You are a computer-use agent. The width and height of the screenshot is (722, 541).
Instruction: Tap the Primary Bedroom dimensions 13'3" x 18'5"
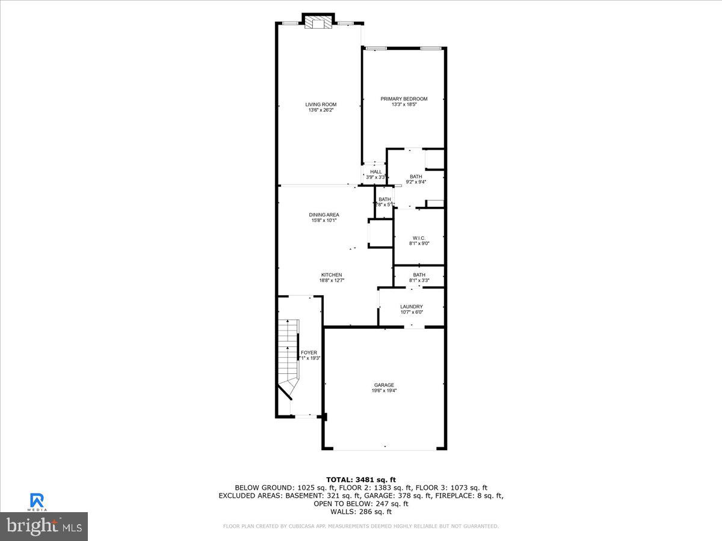(x=404, y=105)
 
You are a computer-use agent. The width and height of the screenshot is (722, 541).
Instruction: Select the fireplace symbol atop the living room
(x=317, y=23)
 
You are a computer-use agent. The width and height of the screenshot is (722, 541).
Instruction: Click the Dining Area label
(x=324, y=215)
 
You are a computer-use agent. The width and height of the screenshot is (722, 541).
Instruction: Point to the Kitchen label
(x=331, y=275)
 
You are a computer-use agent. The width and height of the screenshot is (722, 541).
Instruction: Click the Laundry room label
(x=412, y=307)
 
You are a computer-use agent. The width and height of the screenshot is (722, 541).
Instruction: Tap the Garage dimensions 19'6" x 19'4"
(x=384, y=391)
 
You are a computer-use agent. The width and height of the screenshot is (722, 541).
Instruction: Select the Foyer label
(x=309, y=352)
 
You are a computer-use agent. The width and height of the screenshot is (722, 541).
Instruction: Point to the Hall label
(x=376, y=172)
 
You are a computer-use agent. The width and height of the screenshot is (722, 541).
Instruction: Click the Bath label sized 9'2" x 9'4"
(x=416, y=176)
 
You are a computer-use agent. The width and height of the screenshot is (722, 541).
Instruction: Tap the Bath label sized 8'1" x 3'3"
(x=419, y=275)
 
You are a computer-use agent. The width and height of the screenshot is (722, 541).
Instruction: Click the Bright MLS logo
(x=44, y=527)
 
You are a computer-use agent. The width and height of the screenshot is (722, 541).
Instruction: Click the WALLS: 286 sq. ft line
(x=361, y=512)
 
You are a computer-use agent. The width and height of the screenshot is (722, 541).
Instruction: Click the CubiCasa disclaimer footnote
(x=361, y=527)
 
